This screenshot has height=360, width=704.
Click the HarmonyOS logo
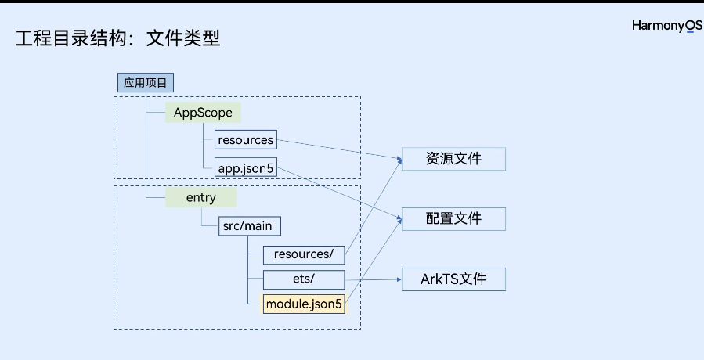pyautogui.click(x=666, y=26)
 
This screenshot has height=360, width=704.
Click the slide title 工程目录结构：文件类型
pyautogui.click(x=117, y=38)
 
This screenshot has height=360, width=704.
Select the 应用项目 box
pyautogui.click(x=145, y=82)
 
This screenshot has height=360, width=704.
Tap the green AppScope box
pyautogui.click(x=203, y=113)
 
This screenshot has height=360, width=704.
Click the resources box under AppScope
pyautogui.click(x=246, y=140)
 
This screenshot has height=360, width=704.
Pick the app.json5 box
pyautogui.click(x=246, y=167)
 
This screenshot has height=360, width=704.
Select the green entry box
pyautogui.click(x=200, y=197)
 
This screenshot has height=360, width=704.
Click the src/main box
pyautogui.click(x=247, y=226)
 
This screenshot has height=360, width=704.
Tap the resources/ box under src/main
pyautogui.click(x=303, y=254)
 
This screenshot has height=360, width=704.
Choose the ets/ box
pyautogui.click(x=304, y=279)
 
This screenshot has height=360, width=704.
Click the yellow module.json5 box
pyautogui.click(x=304, y=304)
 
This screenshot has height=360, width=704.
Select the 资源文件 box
pyautogui.click(x=453, y=159)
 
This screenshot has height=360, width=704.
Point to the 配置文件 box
pyautogui.click(x=453, y=219)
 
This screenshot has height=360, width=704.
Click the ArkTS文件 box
pyautogui.click(x=453, y=279)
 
